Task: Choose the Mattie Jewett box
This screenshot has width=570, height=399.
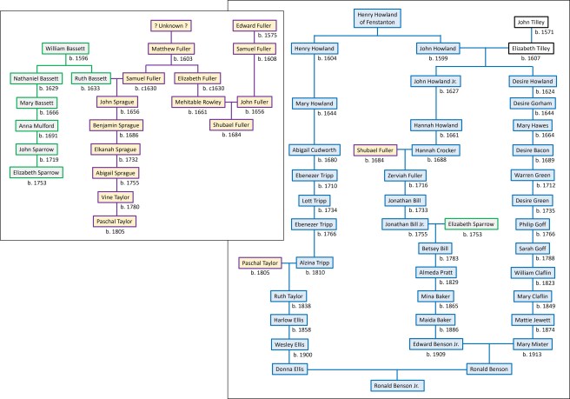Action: click(533, 320)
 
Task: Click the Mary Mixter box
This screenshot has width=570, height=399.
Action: click(533, 344)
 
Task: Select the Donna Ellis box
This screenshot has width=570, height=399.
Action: click(291, 369)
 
